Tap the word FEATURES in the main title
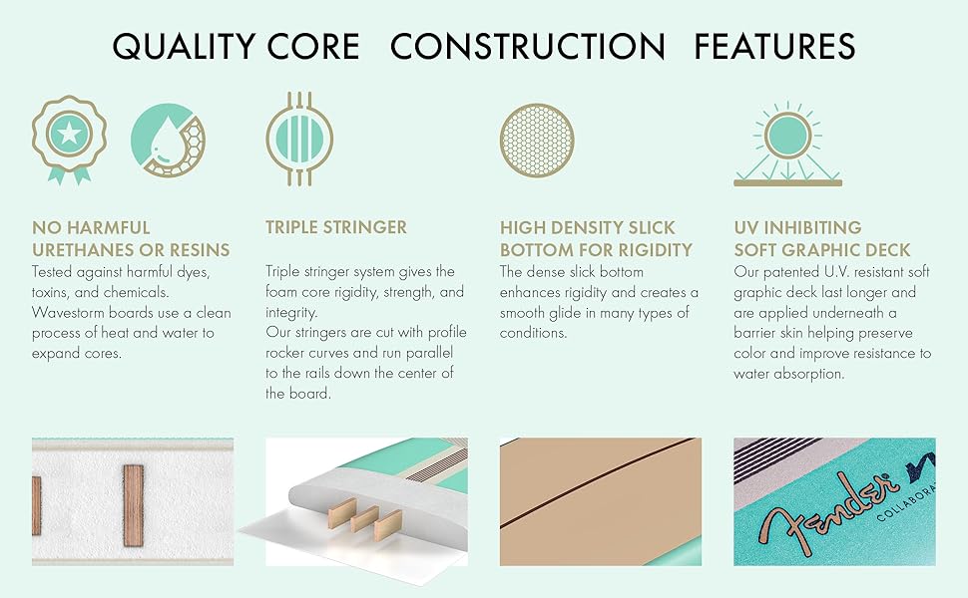[x=775, y=47]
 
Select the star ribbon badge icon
[x=69, y=137]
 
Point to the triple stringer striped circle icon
[x=298, y=139]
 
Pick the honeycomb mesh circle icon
[x=537, y=139]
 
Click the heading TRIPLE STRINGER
[x=336, y=228]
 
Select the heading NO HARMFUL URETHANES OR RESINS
[x=131, y=238]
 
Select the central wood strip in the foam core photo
[x=134, y=504]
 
